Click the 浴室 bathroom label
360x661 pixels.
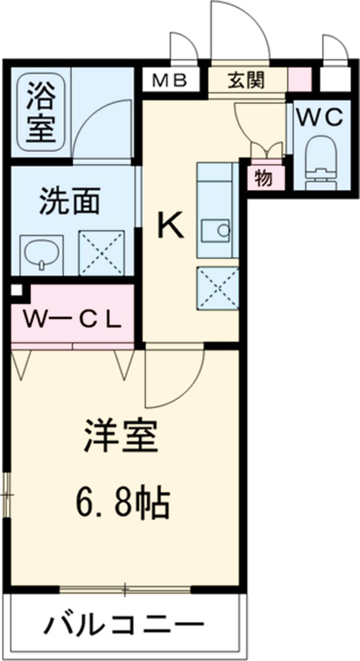[x=40, y=110]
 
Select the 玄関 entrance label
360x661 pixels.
[x=246, y=80]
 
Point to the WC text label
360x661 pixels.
[x=322, y=116]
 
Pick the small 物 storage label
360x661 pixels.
[x=262, y=178]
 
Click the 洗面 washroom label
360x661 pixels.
[x=70, y=203]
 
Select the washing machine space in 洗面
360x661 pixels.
[x=102, y=253]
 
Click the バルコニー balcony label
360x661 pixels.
[x=123, y=625]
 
